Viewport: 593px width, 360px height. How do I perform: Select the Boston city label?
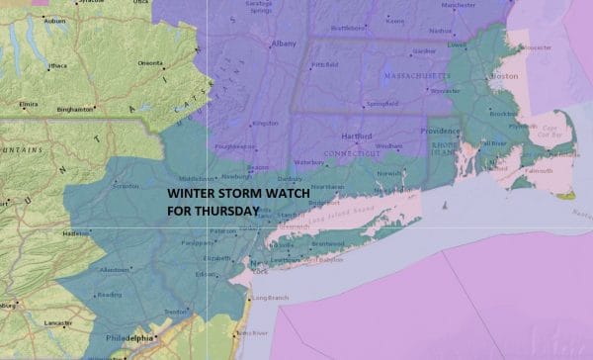(505, 76)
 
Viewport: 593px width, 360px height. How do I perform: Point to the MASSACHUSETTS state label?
(415, 75)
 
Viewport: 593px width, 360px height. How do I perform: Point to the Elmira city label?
(27, 102)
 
